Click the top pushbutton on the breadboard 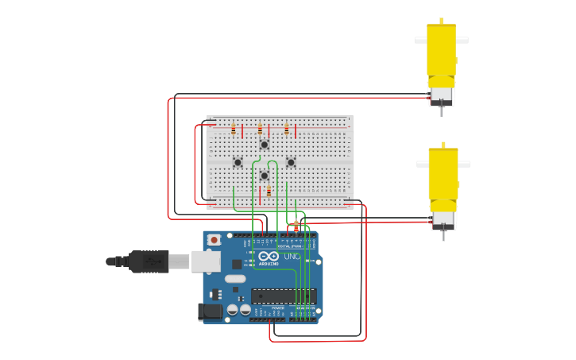click(265, 145)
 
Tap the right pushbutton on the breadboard click(291, 162)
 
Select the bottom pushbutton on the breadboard click(265, 176)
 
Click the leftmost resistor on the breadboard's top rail click(234, 130)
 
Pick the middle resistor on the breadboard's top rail click(260, 130)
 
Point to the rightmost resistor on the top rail click(287, 130)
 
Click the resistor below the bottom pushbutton click(269, 191)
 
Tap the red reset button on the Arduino click(213, 239)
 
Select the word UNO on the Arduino click(292, 257)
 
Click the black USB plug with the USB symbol click(148, 261)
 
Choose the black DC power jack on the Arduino click(210, 312)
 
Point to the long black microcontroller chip click(284, 296)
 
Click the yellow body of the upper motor click(441, 52)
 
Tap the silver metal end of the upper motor click(441, 95)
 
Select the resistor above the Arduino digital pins click(296, 226)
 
